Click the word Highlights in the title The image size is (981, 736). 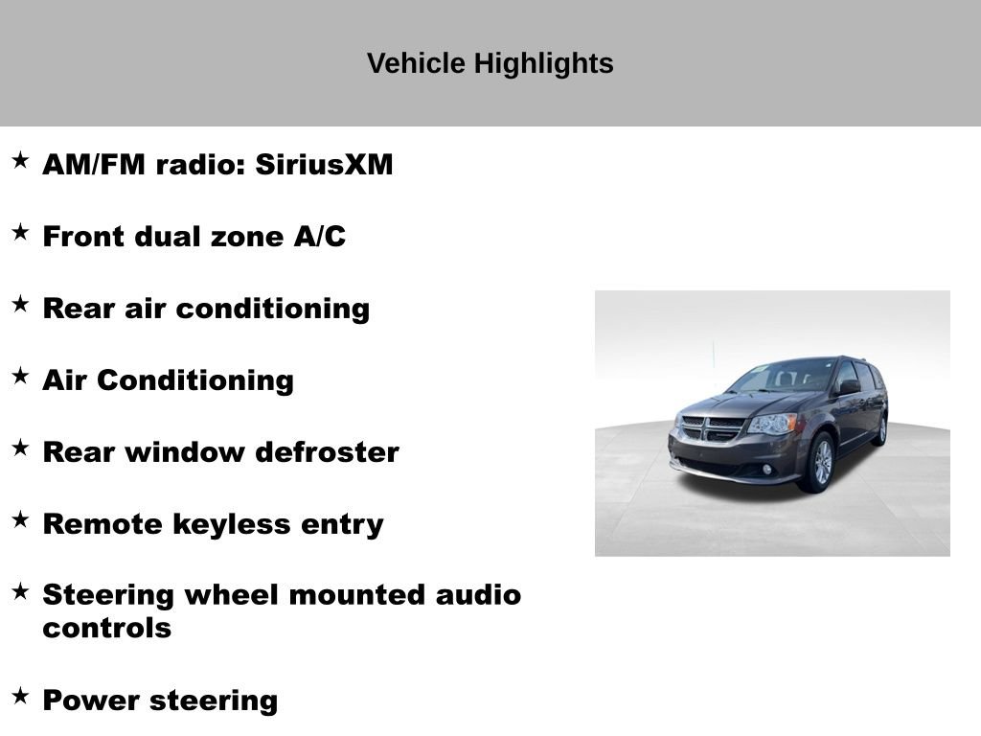(543, 64)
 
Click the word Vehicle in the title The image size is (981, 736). (416, 63)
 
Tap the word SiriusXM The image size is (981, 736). (324, 165)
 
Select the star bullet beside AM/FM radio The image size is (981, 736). (21, 160)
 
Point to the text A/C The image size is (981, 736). (320, 237)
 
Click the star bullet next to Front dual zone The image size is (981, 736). (21, 232)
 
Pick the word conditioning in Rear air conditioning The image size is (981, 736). (273, 310)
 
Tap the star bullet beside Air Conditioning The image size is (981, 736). (21, 376)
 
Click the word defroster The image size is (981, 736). (328, 452)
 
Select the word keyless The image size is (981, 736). (232, 524)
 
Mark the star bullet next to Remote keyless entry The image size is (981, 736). (21, 519)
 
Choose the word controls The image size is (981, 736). (107, 629)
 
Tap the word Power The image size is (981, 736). (91, 701)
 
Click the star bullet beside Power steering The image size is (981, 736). (21, 696)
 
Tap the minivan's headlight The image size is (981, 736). (773, 424)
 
